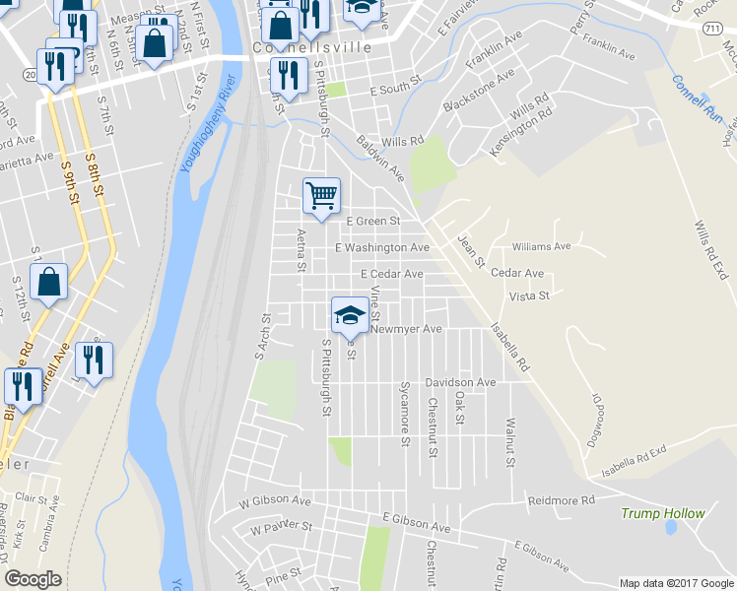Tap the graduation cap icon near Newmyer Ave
click(x=349, y=315)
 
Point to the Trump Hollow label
click(x=663, y=513)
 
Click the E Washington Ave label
click(x=382, y=248)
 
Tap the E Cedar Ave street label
click(x=392, y=274)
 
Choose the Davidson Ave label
click(x=460, y=382)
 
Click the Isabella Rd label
click(x=510, y=343)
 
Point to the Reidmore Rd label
click(x=562, y=500)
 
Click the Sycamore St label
click(x=404, y=414)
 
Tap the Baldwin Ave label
click(x=380, y=159)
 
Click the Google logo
click(x=33, y=579)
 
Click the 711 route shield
click(x=711, y=31)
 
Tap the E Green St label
click(x=370, y=222)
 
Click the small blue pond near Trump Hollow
click(x=670, y=528)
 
